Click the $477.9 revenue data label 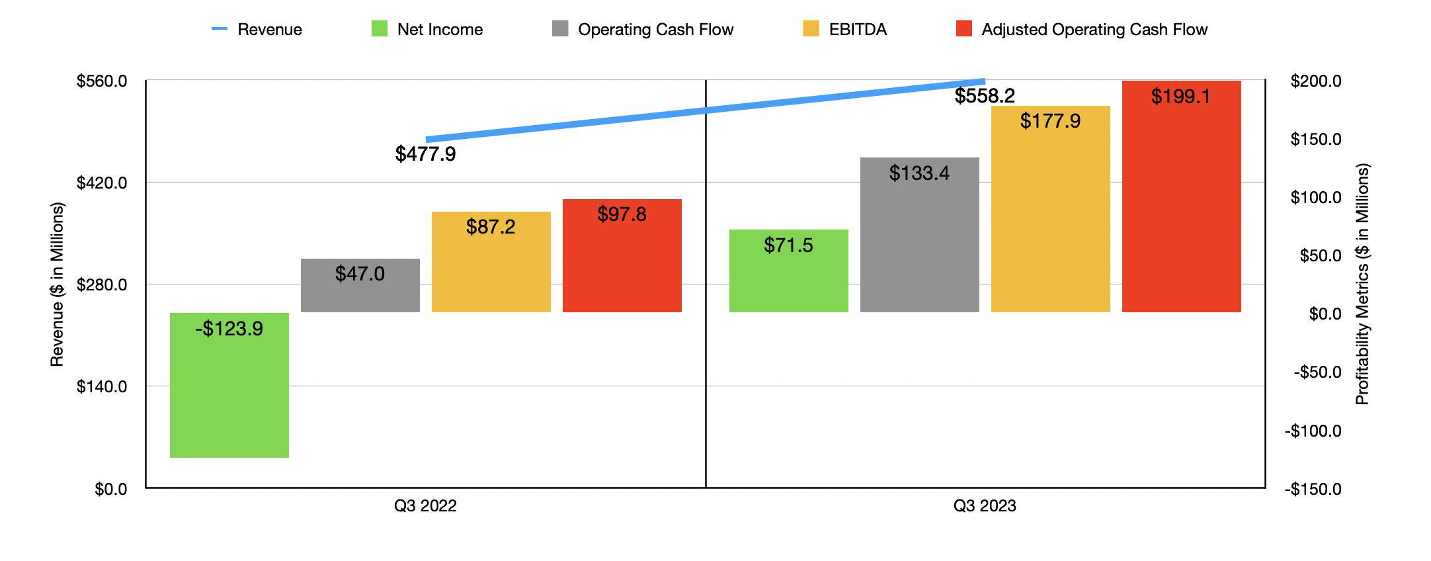pyautogui.click(x=425, y=154)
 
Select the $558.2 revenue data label pyautogui.click(x=984, y=96)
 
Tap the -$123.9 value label pyautogui.click(x=229, y=329)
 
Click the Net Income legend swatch pyautogui.click(x=380, y=28)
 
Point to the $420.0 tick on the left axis pyautogui.click(x=102, y=183)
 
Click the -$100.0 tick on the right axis pyautogui.click(x=1313, y=431)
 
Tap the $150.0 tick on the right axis pyautogui.click(x=1315, y=140)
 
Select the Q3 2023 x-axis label pyautogui.click(x=984, y=506)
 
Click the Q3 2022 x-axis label pyautogui.click(x=425, y=506)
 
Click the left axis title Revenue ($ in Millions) pyautogui.click(x=57, y=284)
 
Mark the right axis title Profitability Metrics pyautogui.click(x=1362, y=284)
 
